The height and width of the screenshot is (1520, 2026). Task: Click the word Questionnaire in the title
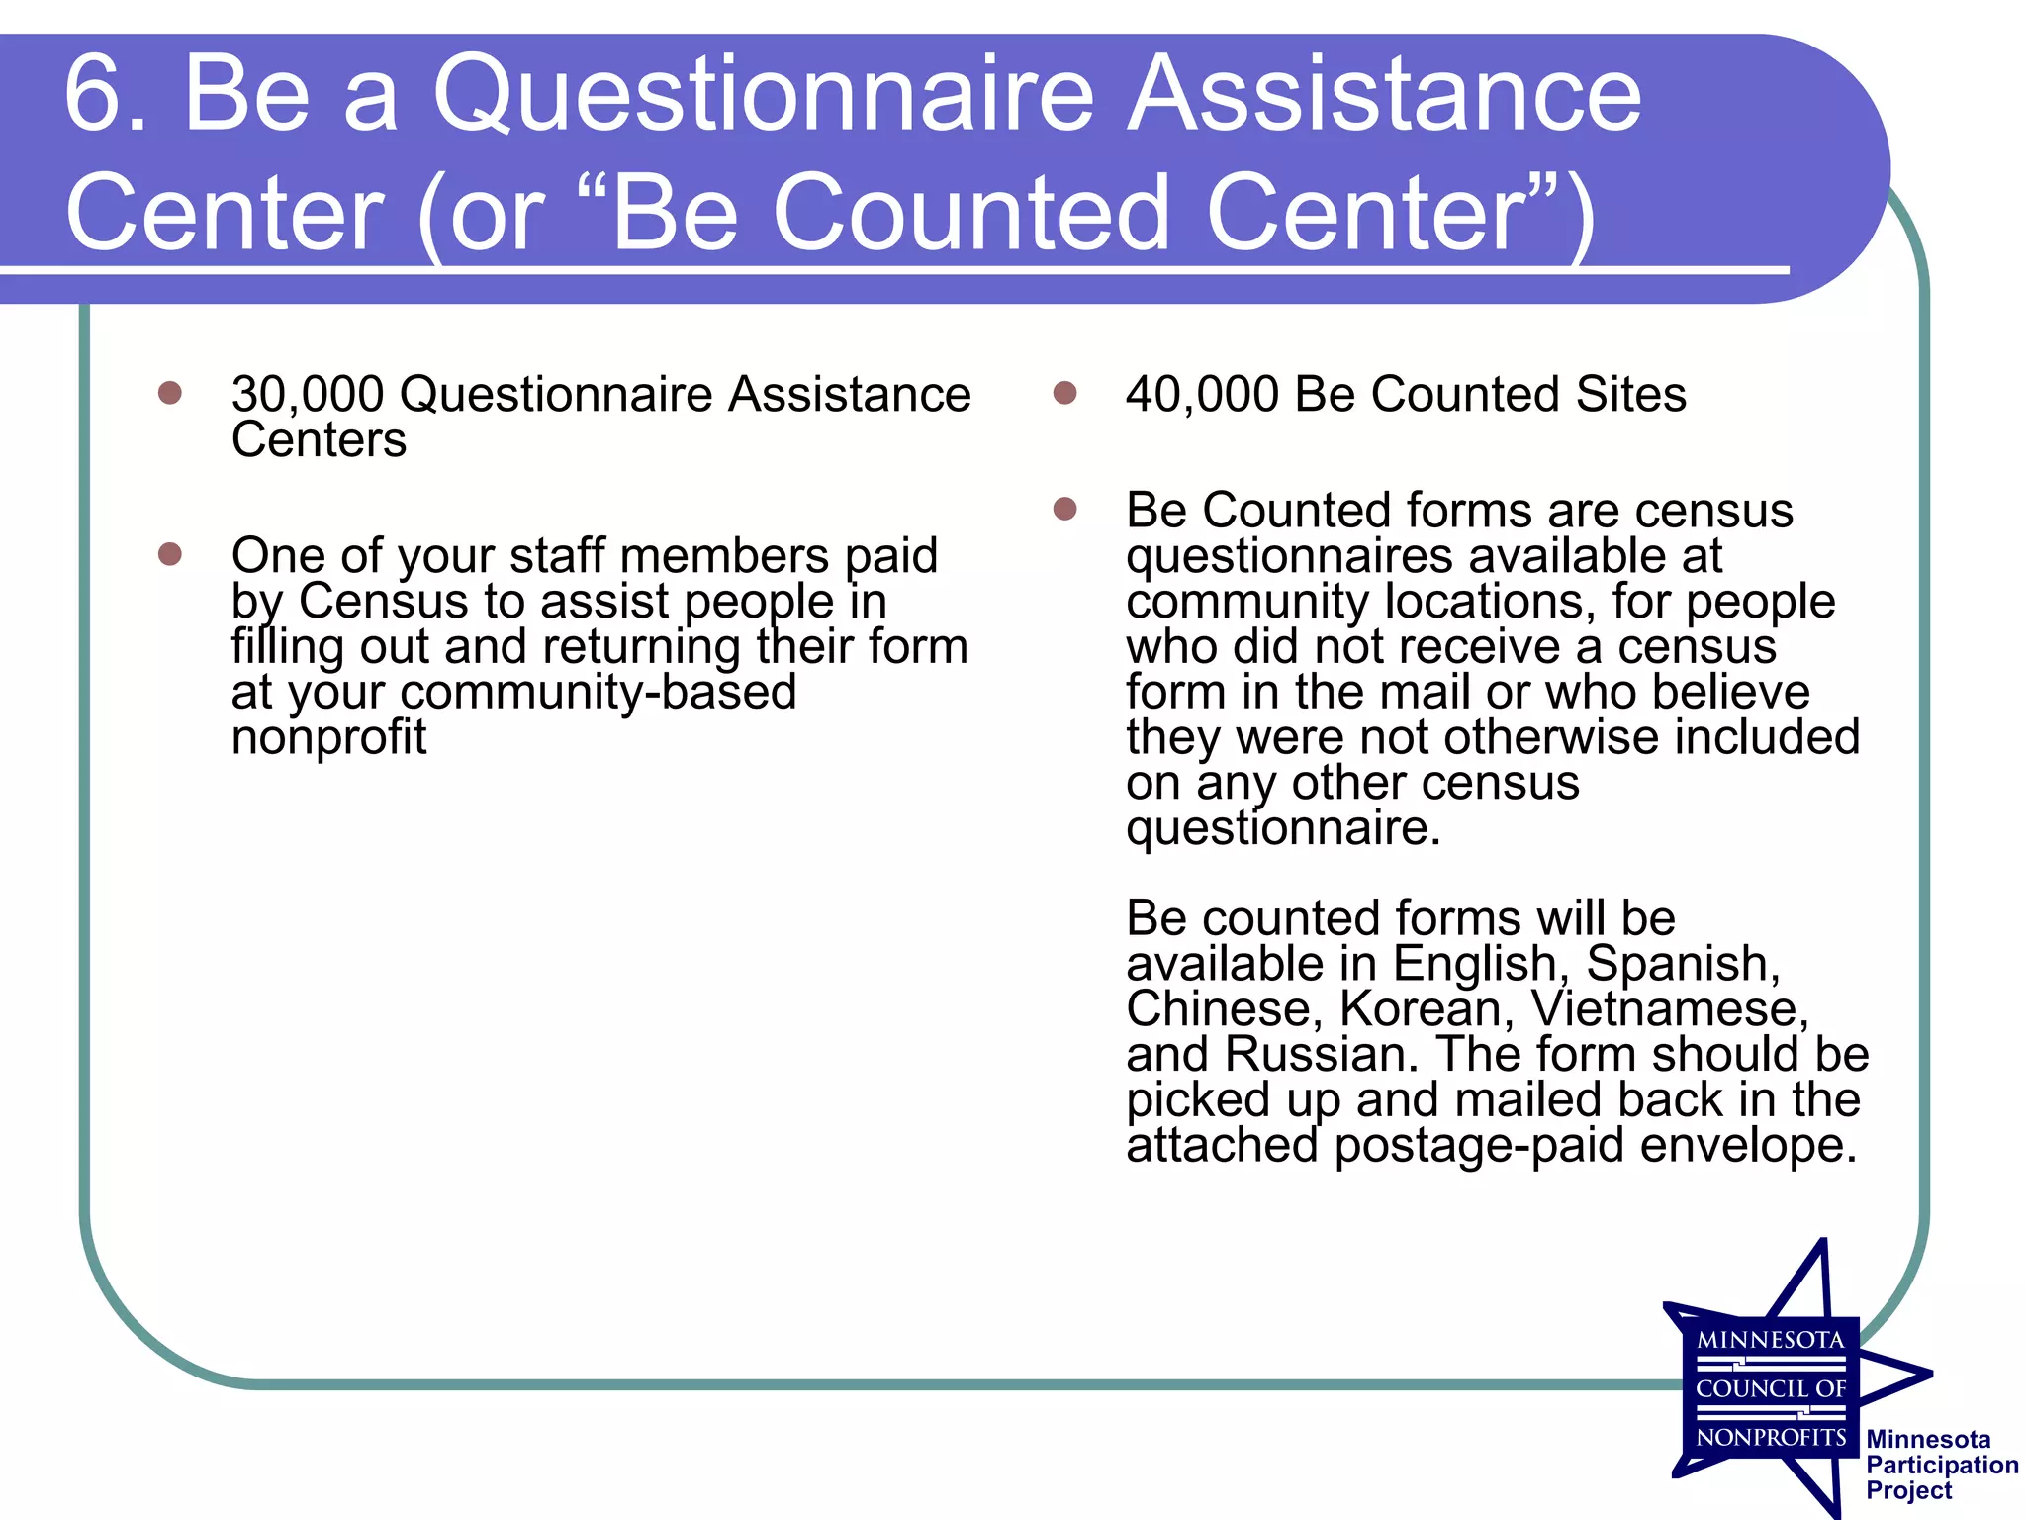point(762,94)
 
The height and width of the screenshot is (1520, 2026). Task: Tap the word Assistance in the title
point(1385,94)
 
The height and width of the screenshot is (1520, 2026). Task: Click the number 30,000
point(308,395)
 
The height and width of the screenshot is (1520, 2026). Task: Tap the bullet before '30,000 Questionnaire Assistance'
point(170,393)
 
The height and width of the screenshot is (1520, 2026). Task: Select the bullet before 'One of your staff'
point(170,554)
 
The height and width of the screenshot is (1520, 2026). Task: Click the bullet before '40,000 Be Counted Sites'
point(1064,393)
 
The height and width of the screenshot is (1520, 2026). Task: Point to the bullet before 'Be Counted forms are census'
point(1064,509)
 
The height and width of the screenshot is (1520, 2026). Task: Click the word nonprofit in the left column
point(328,738)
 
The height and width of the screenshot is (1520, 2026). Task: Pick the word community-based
point(599,693)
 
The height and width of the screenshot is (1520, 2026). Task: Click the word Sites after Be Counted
point(1630,395)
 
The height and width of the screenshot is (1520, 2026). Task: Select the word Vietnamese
point(1670,1009)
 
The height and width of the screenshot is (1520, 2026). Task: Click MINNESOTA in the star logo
point(1770,1341)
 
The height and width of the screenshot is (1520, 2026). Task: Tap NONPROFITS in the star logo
point(1770,1437)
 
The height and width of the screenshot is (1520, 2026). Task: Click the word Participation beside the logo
point(1941,1466)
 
